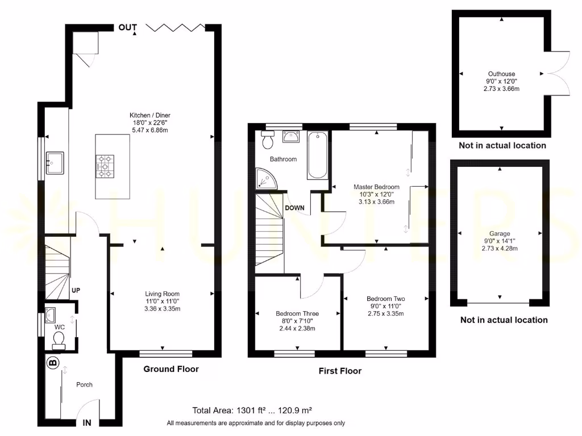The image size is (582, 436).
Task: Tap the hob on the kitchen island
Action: point(105,166)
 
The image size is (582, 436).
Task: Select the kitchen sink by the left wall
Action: point(55,162)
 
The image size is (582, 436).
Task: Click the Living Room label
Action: point(162,294)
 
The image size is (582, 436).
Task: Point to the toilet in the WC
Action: point(58,339)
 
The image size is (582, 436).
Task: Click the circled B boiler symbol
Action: point(53,362)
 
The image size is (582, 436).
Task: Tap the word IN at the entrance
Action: point(86,423)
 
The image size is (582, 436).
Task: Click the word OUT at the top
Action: point(128,27)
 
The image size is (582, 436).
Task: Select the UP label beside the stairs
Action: point(76,291)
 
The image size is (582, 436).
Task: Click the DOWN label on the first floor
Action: point(295,208)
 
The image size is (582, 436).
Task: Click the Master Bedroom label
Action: point(376,187)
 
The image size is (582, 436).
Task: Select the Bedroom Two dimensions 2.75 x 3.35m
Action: point(385,313)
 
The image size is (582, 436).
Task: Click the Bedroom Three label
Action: point(297,313)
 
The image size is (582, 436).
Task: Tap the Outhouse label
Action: point(501,74)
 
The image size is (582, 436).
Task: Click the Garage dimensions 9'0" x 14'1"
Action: point(500,241)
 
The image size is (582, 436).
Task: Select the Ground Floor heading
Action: point(171,369)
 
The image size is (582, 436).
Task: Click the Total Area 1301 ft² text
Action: point(253,410)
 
